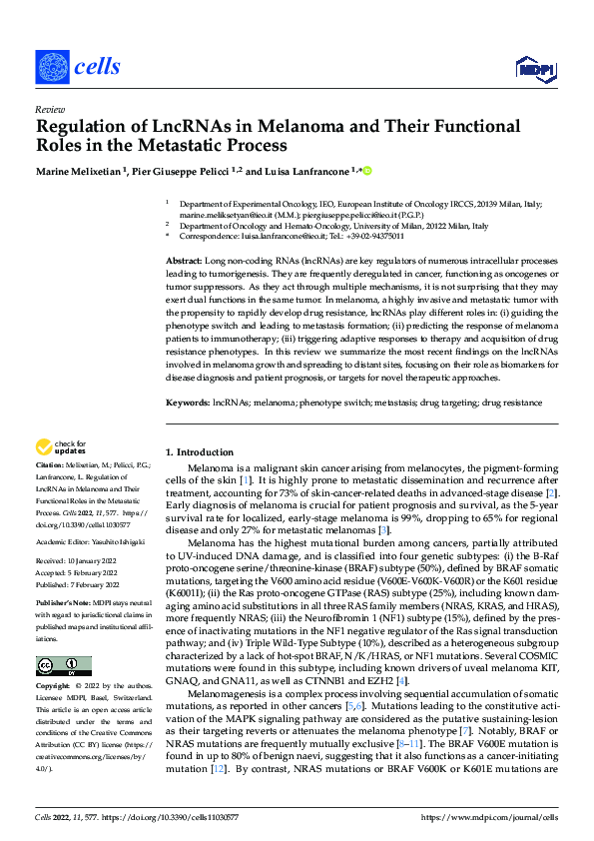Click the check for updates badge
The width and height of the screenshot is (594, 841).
pyautogui.click(x=61, y=447)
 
